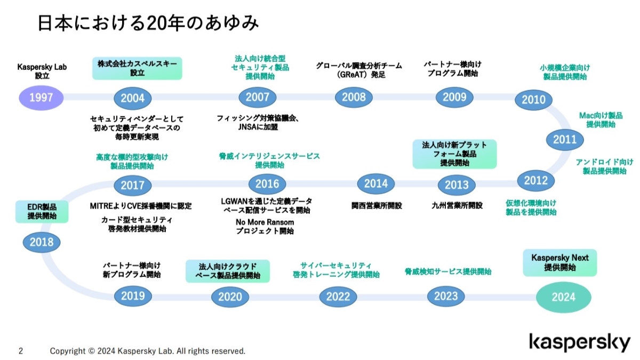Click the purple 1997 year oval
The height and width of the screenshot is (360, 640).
coord(41,98)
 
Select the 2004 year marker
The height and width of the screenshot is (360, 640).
coord(133,98)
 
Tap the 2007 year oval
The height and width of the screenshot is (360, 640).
coord(258,97)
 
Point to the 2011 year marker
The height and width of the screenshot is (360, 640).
coord(565,140)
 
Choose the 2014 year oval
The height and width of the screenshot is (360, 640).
coord(376,183)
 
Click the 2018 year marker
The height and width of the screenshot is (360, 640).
coord(42,243)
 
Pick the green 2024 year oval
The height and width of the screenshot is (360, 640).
coord(563,298)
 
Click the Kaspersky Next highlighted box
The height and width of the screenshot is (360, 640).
coord(560,262)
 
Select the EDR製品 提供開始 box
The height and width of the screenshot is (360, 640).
coord(42,212)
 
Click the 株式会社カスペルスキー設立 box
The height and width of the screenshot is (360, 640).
coord(137,68)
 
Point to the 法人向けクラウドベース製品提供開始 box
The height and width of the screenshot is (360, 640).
coord(228,271)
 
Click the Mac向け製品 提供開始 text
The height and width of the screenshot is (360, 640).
coord(601,120)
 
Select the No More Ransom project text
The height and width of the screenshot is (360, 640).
coord(265,227)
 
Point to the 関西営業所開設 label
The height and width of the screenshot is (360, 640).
coord(377,205)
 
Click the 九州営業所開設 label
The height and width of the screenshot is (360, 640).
coord(457,205)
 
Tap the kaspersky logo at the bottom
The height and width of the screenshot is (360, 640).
coord(579,342)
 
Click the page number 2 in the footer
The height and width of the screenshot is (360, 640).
coord(20,351)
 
